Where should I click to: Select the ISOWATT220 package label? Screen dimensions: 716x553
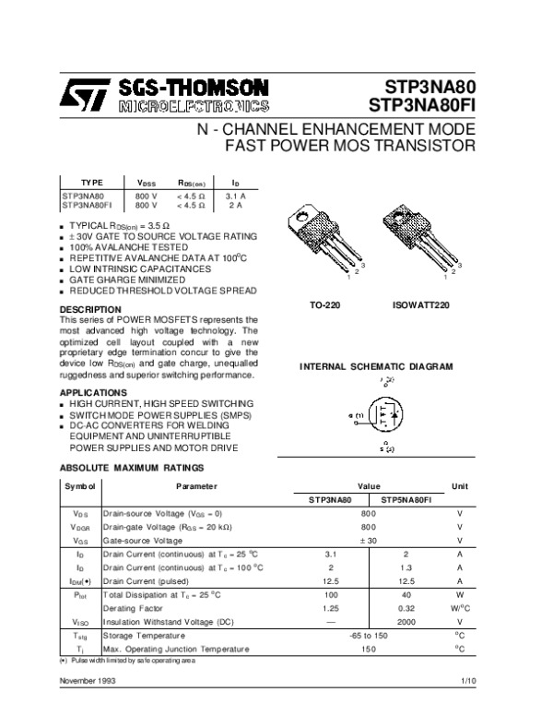pos(422,303)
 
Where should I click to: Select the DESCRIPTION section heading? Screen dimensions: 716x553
pos(90,309)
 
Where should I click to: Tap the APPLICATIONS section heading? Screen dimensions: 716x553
pos(95,392)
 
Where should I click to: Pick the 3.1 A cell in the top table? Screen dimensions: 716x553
pos(235,197)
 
